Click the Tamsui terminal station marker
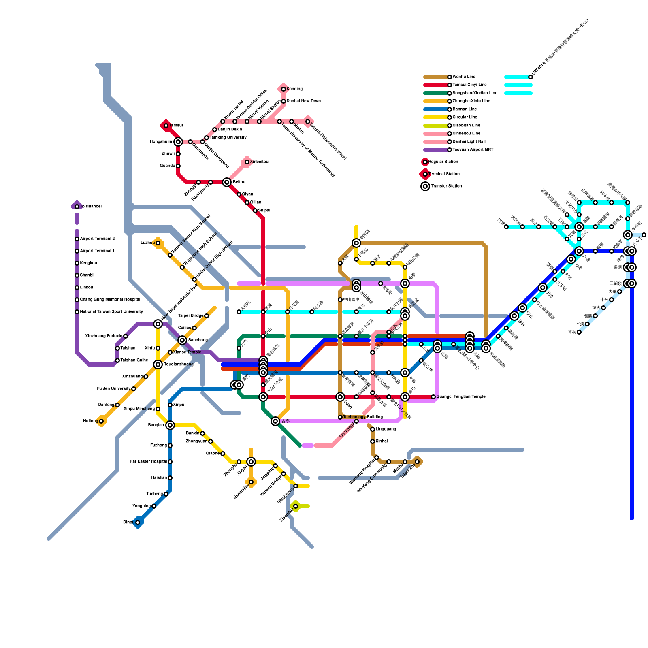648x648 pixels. [x=166, y=126]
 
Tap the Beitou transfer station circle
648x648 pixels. [x=227, y=182]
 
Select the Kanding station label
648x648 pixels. [x=294, y=89]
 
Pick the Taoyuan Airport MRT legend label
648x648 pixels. [x=473, y=150]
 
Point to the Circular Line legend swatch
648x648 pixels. [x=436, y=117]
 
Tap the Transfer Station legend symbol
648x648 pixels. [x=425, y=186]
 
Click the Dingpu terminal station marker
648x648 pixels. [x=138, y=522]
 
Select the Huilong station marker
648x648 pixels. [x=101, y=421]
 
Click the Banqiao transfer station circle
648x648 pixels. [x=170, y=425]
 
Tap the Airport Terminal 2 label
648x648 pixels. [x=97, y=239]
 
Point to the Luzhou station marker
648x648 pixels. [x=158, y=243]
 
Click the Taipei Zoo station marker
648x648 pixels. [x=417, y=462]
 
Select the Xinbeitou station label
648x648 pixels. [x=259, y=162]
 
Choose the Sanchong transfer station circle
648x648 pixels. [x=182, y=340]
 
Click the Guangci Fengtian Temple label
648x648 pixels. [x=460, y=397]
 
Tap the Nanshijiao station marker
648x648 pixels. [x=251, y=482]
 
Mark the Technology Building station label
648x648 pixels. [x=363, y=417]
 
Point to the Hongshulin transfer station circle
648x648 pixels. [x=178, y=142]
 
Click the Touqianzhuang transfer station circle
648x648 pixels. [x=158, y=364]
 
